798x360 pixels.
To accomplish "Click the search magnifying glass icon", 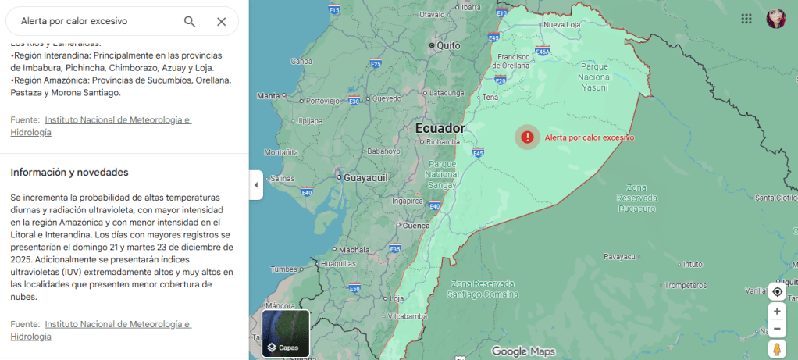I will coord(190,21).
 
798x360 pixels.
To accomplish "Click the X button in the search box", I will coord(222,21).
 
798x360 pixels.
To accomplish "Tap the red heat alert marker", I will coord(528,137).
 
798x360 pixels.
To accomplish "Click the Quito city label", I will coord(448,45).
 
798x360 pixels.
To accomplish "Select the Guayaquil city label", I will coord(366,177).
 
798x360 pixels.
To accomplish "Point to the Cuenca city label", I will coord(416,226).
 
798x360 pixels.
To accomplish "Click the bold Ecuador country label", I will coord(440,128).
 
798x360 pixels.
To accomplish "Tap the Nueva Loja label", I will coord(562,25).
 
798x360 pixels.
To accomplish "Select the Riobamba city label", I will coord(442,142).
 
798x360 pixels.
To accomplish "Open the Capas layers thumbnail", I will coord(286,333).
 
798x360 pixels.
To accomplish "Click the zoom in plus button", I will coord(777,311).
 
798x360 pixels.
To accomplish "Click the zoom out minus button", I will coord(777,329).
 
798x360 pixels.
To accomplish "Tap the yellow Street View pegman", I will coord(777,349).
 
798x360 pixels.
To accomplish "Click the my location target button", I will coord(777,291).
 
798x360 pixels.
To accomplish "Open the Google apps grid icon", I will coord(746,19).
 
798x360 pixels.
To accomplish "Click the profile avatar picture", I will coord(776,19).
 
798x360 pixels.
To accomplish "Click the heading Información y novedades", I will coord(69,172).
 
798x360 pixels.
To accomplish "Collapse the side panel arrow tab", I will coord(256,185).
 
